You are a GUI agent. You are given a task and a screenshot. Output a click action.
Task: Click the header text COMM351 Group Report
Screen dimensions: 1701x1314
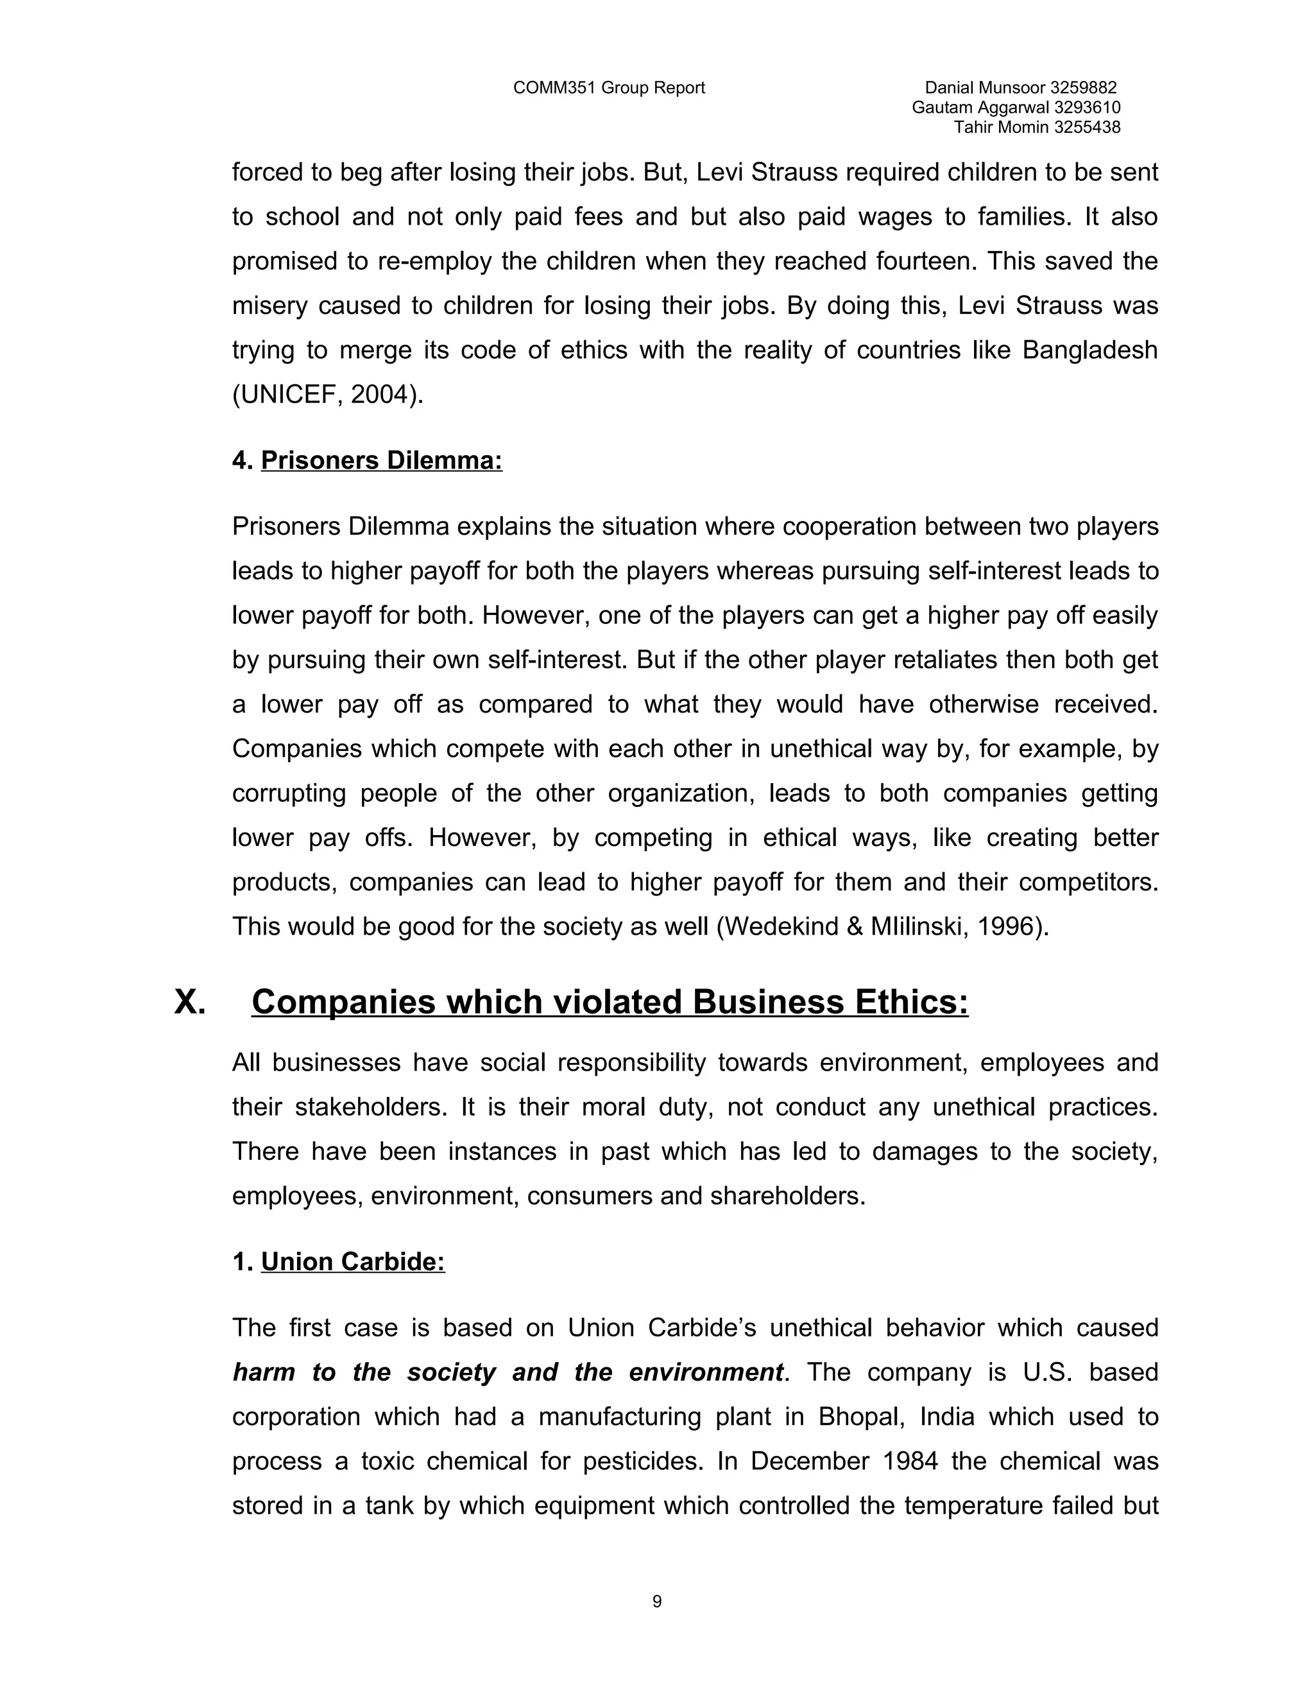coord(609,88)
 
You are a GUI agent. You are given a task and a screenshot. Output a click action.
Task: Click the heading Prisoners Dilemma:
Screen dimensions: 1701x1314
coord(382,460)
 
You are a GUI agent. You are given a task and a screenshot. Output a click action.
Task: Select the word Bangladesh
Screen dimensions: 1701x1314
coord(1090,350)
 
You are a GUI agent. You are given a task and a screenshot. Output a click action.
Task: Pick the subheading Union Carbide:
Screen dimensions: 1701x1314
coord(353,1262)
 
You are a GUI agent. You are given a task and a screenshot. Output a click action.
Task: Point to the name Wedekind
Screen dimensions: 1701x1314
coord(789,927)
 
